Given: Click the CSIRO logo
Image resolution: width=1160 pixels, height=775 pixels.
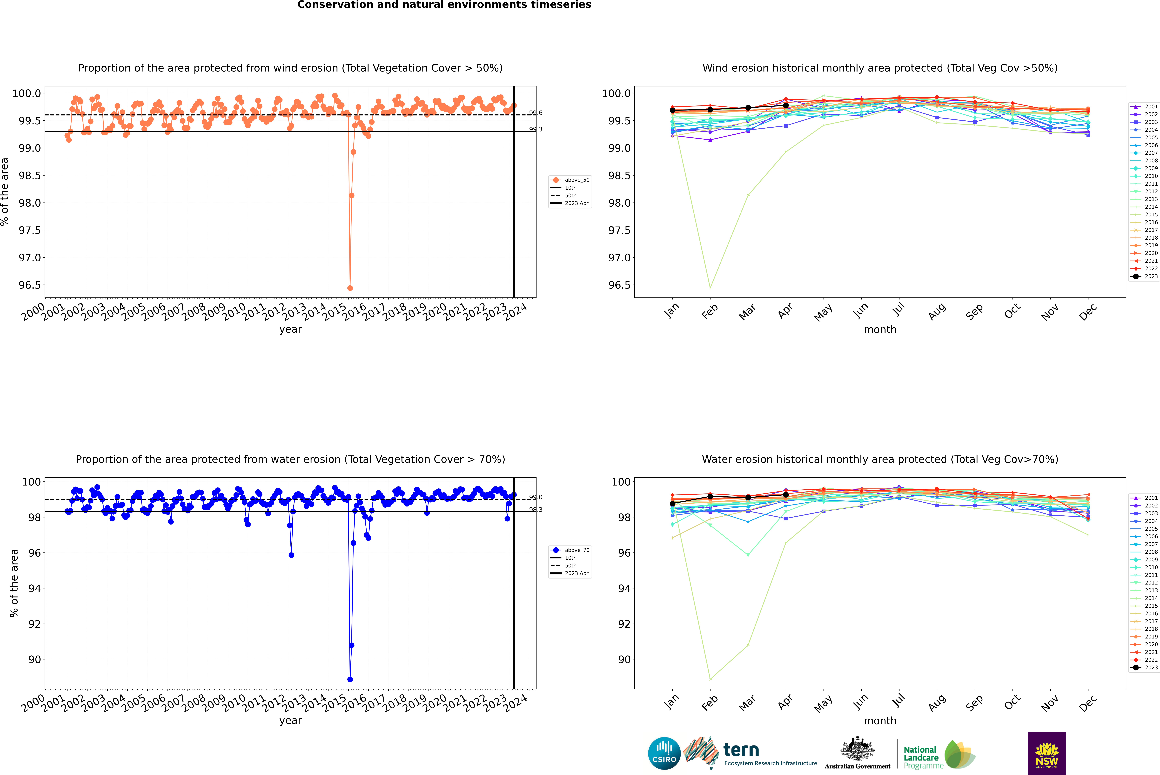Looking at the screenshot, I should coord(664,753).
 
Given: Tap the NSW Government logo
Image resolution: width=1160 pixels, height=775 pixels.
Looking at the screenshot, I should coord(1047,753).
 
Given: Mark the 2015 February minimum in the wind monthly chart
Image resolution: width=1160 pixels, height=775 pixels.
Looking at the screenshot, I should coord(710,288).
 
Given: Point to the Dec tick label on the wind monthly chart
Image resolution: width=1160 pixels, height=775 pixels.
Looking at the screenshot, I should coord(1088,312).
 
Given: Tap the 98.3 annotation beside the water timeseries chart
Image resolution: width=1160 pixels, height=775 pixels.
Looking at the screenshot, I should coord(536,510).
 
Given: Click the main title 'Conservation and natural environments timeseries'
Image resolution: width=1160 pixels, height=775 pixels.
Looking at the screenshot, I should coord(444,5).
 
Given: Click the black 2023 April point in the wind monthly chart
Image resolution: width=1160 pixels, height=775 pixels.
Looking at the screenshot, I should coord(786,105).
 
